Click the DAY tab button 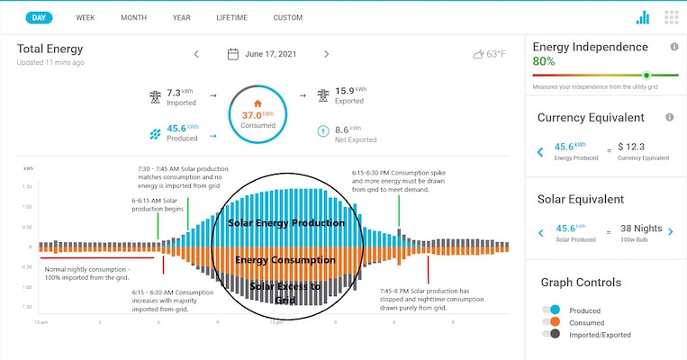click(38, 17)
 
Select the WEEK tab click(86, 17)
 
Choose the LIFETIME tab click(231, 17)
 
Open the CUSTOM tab click(288, 17)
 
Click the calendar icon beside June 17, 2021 click(232, 54)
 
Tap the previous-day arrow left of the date click(196, 54)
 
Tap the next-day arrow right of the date click(326, 54)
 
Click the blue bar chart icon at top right click(642, 17)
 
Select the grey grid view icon click(671, 17)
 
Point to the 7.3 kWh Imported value click(176, 93)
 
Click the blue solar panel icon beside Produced click(155, 133)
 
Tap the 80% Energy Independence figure click(544, 61)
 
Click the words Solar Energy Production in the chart click(286, 222)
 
